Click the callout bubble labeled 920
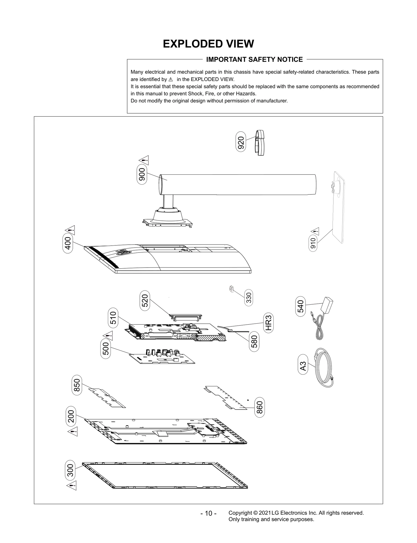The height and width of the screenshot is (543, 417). (241, 141)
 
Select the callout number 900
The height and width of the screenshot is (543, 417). (142, 175)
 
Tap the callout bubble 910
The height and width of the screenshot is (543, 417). (313, 244)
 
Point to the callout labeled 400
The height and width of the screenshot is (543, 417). (68, 243)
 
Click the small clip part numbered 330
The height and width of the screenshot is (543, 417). (231, 289)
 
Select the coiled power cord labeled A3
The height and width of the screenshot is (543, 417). (324, 368)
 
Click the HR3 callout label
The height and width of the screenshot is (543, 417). (269, 323)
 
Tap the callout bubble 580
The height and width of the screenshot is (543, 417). (254, 342)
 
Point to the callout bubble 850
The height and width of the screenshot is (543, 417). (77, 385)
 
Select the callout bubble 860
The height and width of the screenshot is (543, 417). (260, 408)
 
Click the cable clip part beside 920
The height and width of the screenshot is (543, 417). (260, 143)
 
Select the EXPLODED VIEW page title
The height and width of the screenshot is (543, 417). (208, 44)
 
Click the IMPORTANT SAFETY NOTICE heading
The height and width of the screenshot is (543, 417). (254, 60)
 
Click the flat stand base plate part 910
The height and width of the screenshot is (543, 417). (338, 208)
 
